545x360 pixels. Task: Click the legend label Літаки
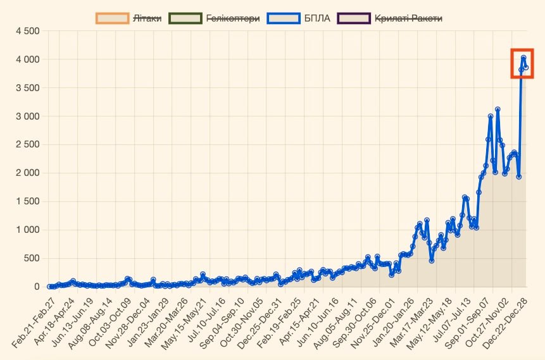(x=147, y=18)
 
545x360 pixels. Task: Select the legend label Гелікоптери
(x=233, y=18)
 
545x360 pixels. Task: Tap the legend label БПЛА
(x=317, y=18)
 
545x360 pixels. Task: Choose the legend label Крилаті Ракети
(x=408, y=18)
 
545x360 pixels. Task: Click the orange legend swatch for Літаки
(x=112, y=18)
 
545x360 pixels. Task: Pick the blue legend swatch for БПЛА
(x=284, y=18)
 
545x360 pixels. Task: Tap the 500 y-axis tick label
(x=31, y=258)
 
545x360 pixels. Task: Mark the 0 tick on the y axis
(x=37, y=287)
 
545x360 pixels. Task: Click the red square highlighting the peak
(x=522, y=63)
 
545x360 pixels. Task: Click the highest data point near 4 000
(x=523, y=58)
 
